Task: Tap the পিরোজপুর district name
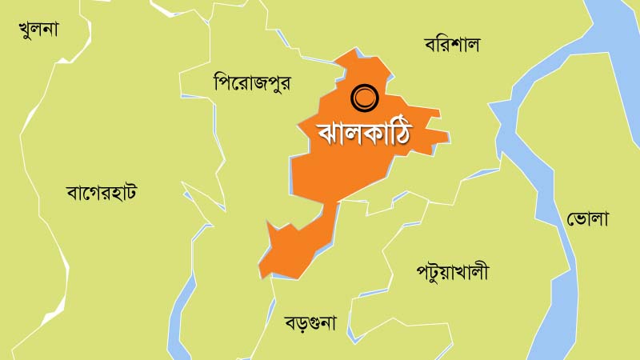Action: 251,82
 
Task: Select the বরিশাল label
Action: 451,44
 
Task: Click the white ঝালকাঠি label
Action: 354,132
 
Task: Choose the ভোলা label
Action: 588,217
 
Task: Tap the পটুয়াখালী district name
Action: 452,272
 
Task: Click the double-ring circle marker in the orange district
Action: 364,98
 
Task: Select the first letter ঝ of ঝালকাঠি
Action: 309,133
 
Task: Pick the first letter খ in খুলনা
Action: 26,30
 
